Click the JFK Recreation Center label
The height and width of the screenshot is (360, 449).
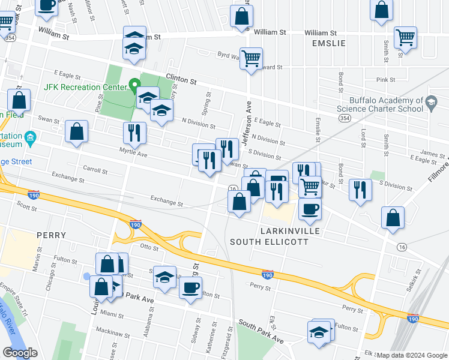(85, 86)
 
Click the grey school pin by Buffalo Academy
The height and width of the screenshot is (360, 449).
(430, 104)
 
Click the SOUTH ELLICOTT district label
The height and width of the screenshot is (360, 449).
(270, 242)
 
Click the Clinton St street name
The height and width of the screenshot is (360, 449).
(181, 79)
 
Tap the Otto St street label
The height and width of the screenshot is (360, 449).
(148, 246)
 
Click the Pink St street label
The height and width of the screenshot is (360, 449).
(385, 79)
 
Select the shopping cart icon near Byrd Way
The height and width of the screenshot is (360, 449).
(251, 58)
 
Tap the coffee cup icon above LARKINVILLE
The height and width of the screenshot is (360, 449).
(310, 208)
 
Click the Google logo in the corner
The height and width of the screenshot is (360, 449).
(20, 353)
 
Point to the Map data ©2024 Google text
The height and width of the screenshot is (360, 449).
(412, 355)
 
